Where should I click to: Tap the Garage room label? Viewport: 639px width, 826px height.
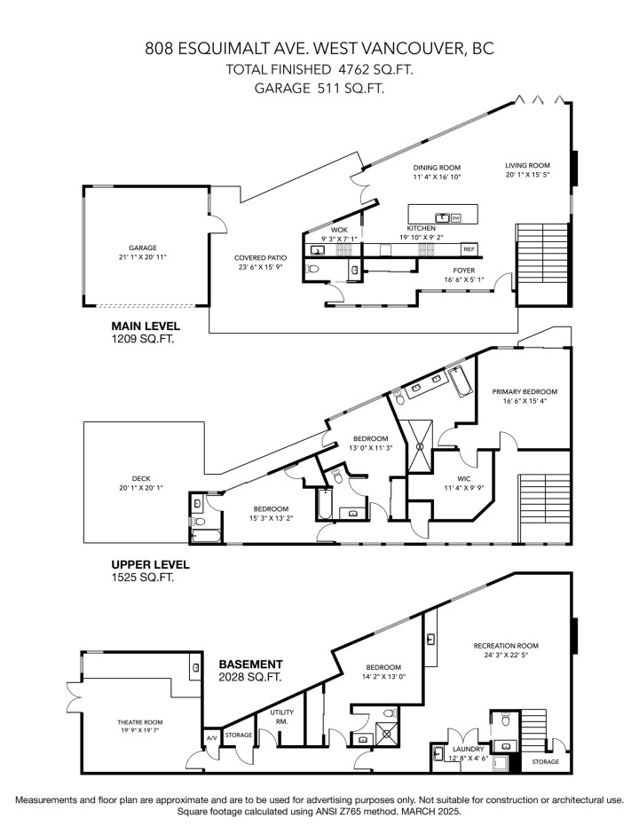142,248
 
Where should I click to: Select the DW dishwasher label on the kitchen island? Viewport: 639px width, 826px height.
456,217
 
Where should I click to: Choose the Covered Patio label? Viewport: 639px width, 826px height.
258,257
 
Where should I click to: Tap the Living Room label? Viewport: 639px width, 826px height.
528,165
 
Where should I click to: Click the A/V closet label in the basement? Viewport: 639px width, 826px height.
211,737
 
